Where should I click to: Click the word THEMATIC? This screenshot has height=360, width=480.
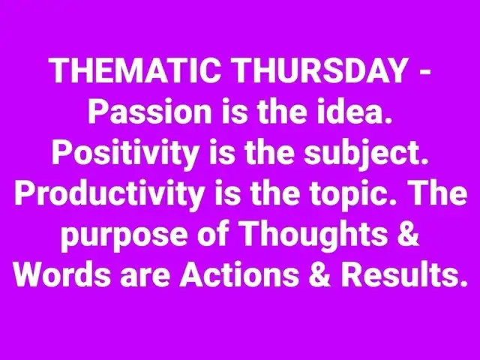point(136,70)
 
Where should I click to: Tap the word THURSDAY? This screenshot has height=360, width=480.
point(320,70)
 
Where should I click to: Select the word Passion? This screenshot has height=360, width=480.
point(150,112)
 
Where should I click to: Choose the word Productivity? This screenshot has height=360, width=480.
point(109,195)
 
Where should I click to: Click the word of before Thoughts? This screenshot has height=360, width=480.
point(213,235)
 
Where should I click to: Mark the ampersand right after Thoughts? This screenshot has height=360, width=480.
point(409,235)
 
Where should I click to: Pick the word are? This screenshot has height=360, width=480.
point(145,277)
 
